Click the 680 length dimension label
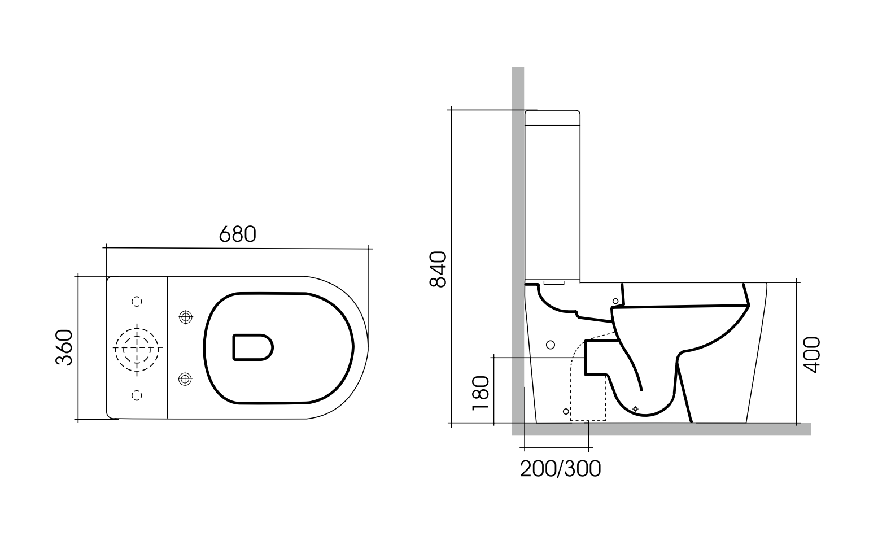[x=237, y=234]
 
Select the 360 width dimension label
[x=65, y=347]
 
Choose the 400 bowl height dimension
[x=811, y=354]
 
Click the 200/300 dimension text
[x=560, y=469]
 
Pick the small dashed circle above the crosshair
[x=137, y=301]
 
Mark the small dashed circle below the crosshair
[x=137, y=395]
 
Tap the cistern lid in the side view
[x=552, y=117]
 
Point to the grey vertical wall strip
[x=518, y=226]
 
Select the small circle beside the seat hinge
[x=615, y=301]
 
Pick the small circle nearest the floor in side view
[x=566, y=411]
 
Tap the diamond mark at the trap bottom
[x=635, y=408]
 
